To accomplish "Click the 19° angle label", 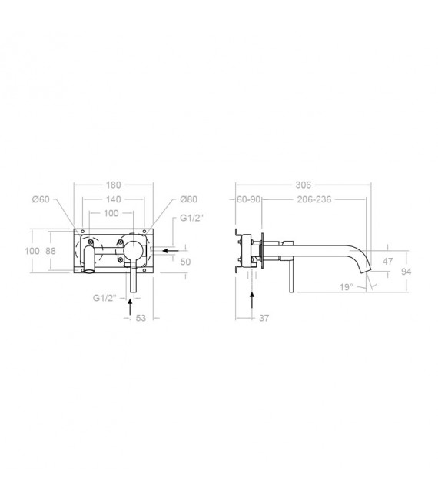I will click(x=367, y=287).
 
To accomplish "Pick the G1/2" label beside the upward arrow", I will click(x=104, y=297).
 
